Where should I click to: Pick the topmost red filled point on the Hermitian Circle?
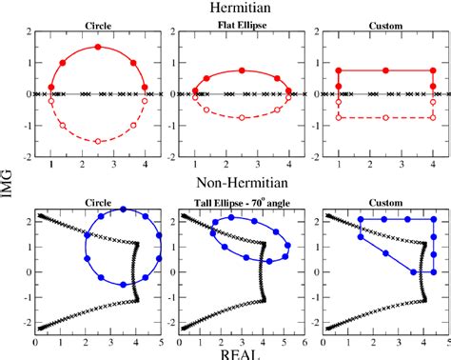(98, 48)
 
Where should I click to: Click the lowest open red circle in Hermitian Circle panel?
(98, 141)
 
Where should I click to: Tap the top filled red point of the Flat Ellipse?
(242, 70)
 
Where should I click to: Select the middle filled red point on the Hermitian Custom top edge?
(385, 70)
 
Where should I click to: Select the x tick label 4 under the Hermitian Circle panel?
(145, 165)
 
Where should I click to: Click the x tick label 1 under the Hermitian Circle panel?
(51, 165)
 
